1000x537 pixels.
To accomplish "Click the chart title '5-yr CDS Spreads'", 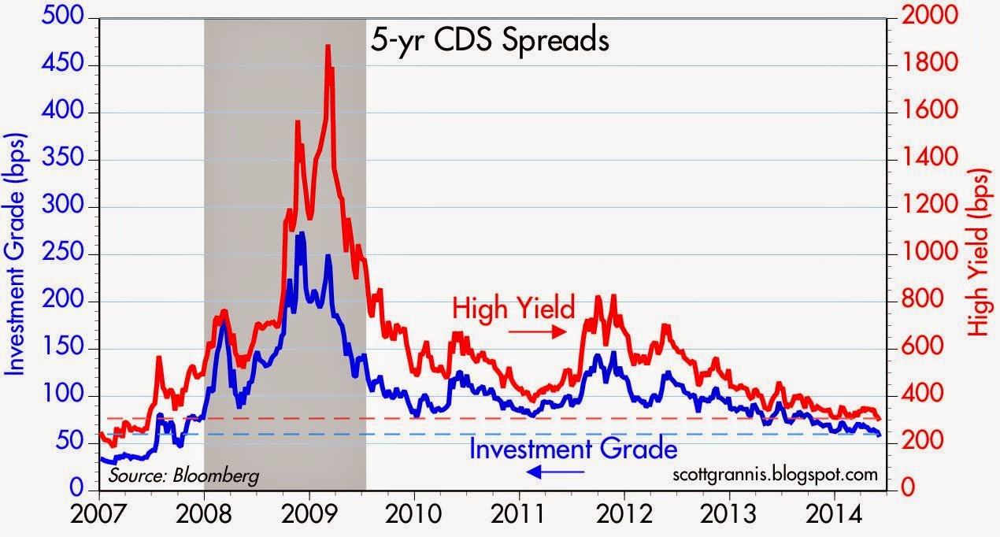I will (489, 39).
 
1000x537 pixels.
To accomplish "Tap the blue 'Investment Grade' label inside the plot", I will (572, 450).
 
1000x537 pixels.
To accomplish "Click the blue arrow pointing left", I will (556, 472).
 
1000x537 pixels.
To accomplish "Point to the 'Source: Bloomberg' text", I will (183, 476).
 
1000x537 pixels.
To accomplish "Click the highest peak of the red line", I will (327, 46).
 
